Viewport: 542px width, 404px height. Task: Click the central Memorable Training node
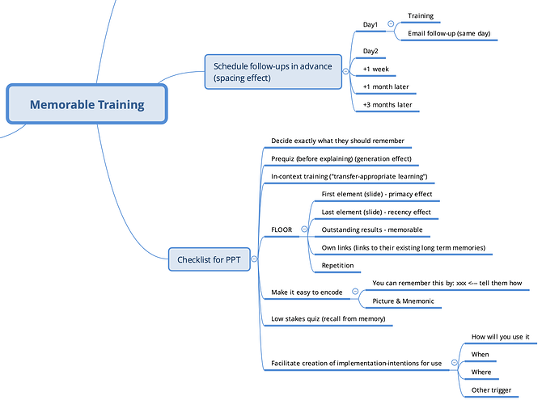tap(87, 104)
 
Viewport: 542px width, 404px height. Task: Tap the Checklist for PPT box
tap(209, 260)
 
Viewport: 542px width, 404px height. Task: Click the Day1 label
tap(371, 25)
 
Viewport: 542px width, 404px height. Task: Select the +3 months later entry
tap(387, 105)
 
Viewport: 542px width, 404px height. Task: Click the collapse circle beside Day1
tap(391, 25)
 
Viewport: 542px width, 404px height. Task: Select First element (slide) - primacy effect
tap(377, 194)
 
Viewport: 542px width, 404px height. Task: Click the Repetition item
tap(337, 265)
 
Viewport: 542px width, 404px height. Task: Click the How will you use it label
tap(499, 336)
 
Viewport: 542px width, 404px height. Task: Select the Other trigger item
tap(491, 390)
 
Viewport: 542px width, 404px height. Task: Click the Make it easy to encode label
tap(307, 292)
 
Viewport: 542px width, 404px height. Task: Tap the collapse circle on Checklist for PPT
tap(255, 259)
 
